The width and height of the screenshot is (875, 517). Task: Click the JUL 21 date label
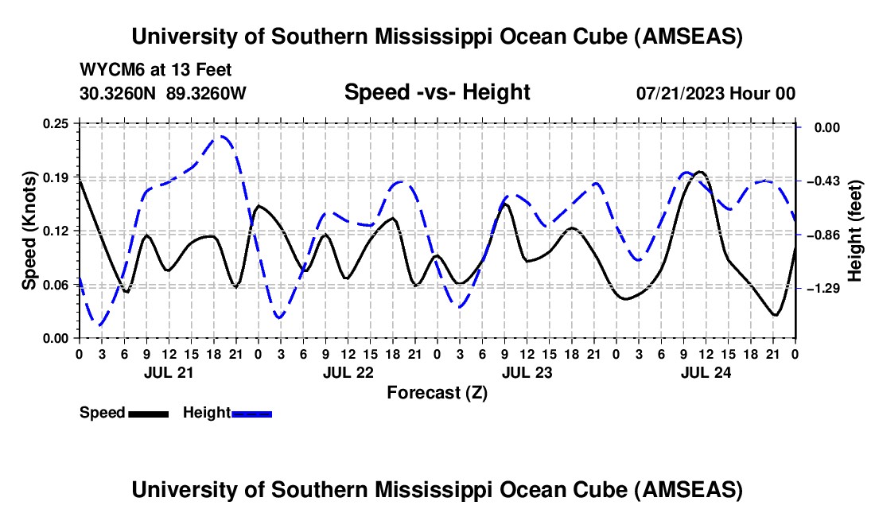(167, 371)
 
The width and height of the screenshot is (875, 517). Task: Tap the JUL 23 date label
(527, 371)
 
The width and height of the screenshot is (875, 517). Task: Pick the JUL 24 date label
(706, 371)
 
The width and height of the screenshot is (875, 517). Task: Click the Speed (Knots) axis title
(29, 231)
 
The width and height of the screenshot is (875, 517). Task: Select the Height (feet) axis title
(855, 231)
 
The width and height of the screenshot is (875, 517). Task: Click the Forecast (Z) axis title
(437, 392)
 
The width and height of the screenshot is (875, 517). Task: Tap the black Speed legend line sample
(148, 413)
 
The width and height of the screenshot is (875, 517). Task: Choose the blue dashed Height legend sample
(251, 413)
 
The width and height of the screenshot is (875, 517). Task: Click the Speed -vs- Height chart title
(437, 93)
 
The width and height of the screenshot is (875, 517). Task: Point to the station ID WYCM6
(107, 71)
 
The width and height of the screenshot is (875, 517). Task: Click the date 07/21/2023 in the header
(680, 93)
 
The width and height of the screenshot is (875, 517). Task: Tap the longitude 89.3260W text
(206, 93)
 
